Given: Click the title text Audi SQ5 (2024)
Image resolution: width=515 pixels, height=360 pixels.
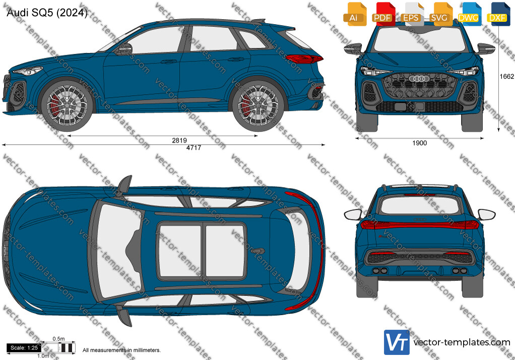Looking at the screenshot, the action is (x=47, y=13).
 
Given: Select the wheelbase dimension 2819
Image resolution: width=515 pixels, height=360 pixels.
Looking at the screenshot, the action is (x=179, y=140).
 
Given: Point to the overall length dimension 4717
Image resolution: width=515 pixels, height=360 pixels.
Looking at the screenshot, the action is (x=194, y=148).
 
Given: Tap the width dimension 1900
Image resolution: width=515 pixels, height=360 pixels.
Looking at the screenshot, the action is (x=419, y=143).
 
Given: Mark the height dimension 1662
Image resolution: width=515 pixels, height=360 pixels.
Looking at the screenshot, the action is (x=506, y=76).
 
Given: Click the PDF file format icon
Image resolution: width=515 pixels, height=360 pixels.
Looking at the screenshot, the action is (x=382, y=14).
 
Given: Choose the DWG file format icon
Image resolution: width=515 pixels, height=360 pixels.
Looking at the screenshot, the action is (x=468, y=14).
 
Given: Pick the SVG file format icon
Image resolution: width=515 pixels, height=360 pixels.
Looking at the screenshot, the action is (x=439, y=14).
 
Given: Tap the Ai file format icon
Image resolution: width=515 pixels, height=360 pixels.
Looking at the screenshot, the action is (x=354, y=14).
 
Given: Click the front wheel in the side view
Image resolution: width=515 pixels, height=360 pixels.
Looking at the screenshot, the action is (x=67, y=105).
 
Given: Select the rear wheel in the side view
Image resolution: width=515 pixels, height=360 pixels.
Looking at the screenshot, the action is (x=258, y=105).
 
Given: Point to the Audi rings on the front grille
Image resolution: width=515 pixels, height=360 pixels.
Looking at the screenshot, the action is (x=419, y=79).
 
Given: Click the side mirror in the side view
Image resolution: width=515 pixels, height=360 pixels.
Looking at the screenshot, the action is (x=124, y=49).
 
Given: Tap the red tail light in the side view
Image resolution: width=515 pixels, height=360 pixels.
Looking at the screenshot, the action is (x=304, y=59).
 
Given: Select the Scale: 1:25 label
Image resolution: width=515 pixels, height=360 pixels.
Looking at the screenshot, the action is (x=24, y=348).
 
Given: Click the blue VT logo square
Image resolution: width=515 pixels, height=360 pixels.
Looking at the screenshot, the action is (x=397, y=342).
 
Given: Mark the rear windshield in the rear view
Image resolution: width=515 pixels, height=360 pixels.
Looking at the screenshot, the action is (x=419, y=206).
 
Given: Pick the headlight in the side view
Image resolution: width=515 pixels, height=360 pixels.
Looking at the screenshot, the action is (x=28, y=71).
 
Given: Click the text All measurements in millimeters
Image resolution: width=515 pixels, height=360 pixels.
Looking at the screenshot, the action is (x=121, y=350).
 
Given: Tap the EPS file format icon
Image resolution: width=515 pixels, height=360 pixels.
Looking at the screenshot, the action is (x=411, y=14).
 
